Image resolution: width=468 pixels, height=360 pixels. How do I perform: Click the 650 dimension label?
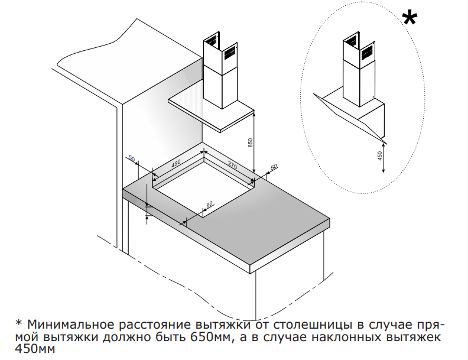point(251,142)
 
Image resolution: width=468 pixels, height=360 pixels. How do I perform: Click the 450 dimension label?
point(379,156)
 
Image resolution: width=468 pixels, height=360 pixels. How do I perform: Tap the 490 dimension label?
point(176,164)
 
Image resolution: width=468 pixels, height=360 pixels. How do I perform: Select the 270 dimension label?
point(232,165)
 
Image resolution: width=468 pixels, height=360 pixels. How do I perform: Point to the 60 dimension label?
point(209,205)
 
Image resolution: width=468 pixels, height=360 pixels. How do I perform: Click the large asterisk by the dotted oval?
point(409,18)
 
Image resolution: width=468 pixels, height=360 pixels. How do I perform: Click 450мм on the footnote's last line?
point(35,349)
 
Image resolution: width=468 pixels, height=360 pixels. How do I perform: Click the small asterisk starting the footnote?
point(18,323)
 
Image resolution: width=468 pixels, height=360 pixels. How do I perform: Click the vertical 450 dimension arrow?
point(383,158)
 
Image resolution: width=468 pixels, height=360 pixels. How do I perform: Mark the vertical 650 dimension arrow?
point(253,141)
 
